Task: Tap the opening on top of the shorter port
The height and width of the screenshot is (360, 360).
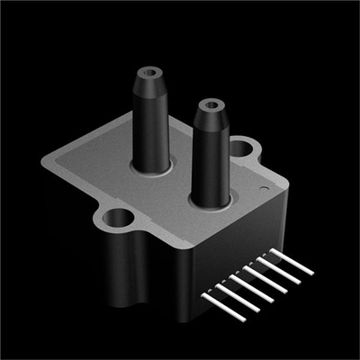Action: point(211,104)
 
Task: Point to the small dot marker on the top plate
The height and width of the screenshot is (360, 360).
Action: point(262,189)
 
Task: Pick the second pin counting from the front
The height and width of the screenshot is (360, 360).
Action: point(227,296)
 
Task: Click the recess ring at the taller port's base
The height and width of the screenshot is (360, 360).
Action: point(149,168)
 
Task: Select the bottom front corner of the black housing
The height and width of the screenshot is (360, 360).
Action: point(194,319)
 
